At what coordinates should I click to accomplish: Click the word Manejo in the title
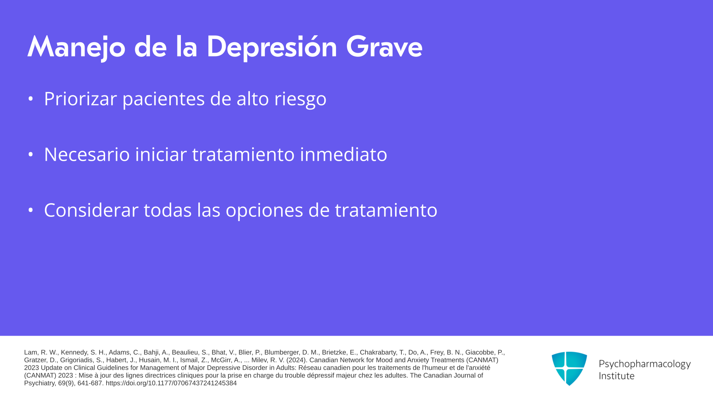76,48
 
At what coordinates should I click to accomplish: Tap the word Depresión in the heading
271,48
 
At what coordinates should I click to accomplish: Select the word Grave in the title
384,47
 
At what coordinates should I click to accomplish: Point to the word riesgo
300,99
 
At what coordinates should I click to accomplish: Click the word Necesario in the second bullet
87,154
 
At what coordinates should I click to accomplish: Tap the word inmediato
344,154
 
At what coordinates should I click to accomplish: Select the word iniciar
161,154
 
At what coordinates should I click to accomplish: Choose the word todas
168,210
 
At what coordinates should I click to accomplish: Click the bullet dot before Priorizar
31,99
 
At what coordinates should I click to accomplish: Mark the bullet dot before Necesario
31,154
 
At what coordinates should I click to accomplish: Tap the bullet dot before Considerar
31,210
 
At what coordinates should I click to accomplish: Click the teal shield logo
569,368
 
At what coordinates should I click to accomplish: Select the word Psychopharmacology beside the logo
645,364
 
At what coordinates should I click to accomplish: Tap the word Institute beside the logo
616,376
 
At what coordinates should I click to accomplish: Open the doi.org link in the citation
171,383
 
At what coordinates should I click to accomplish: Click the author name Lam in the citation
31,352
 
